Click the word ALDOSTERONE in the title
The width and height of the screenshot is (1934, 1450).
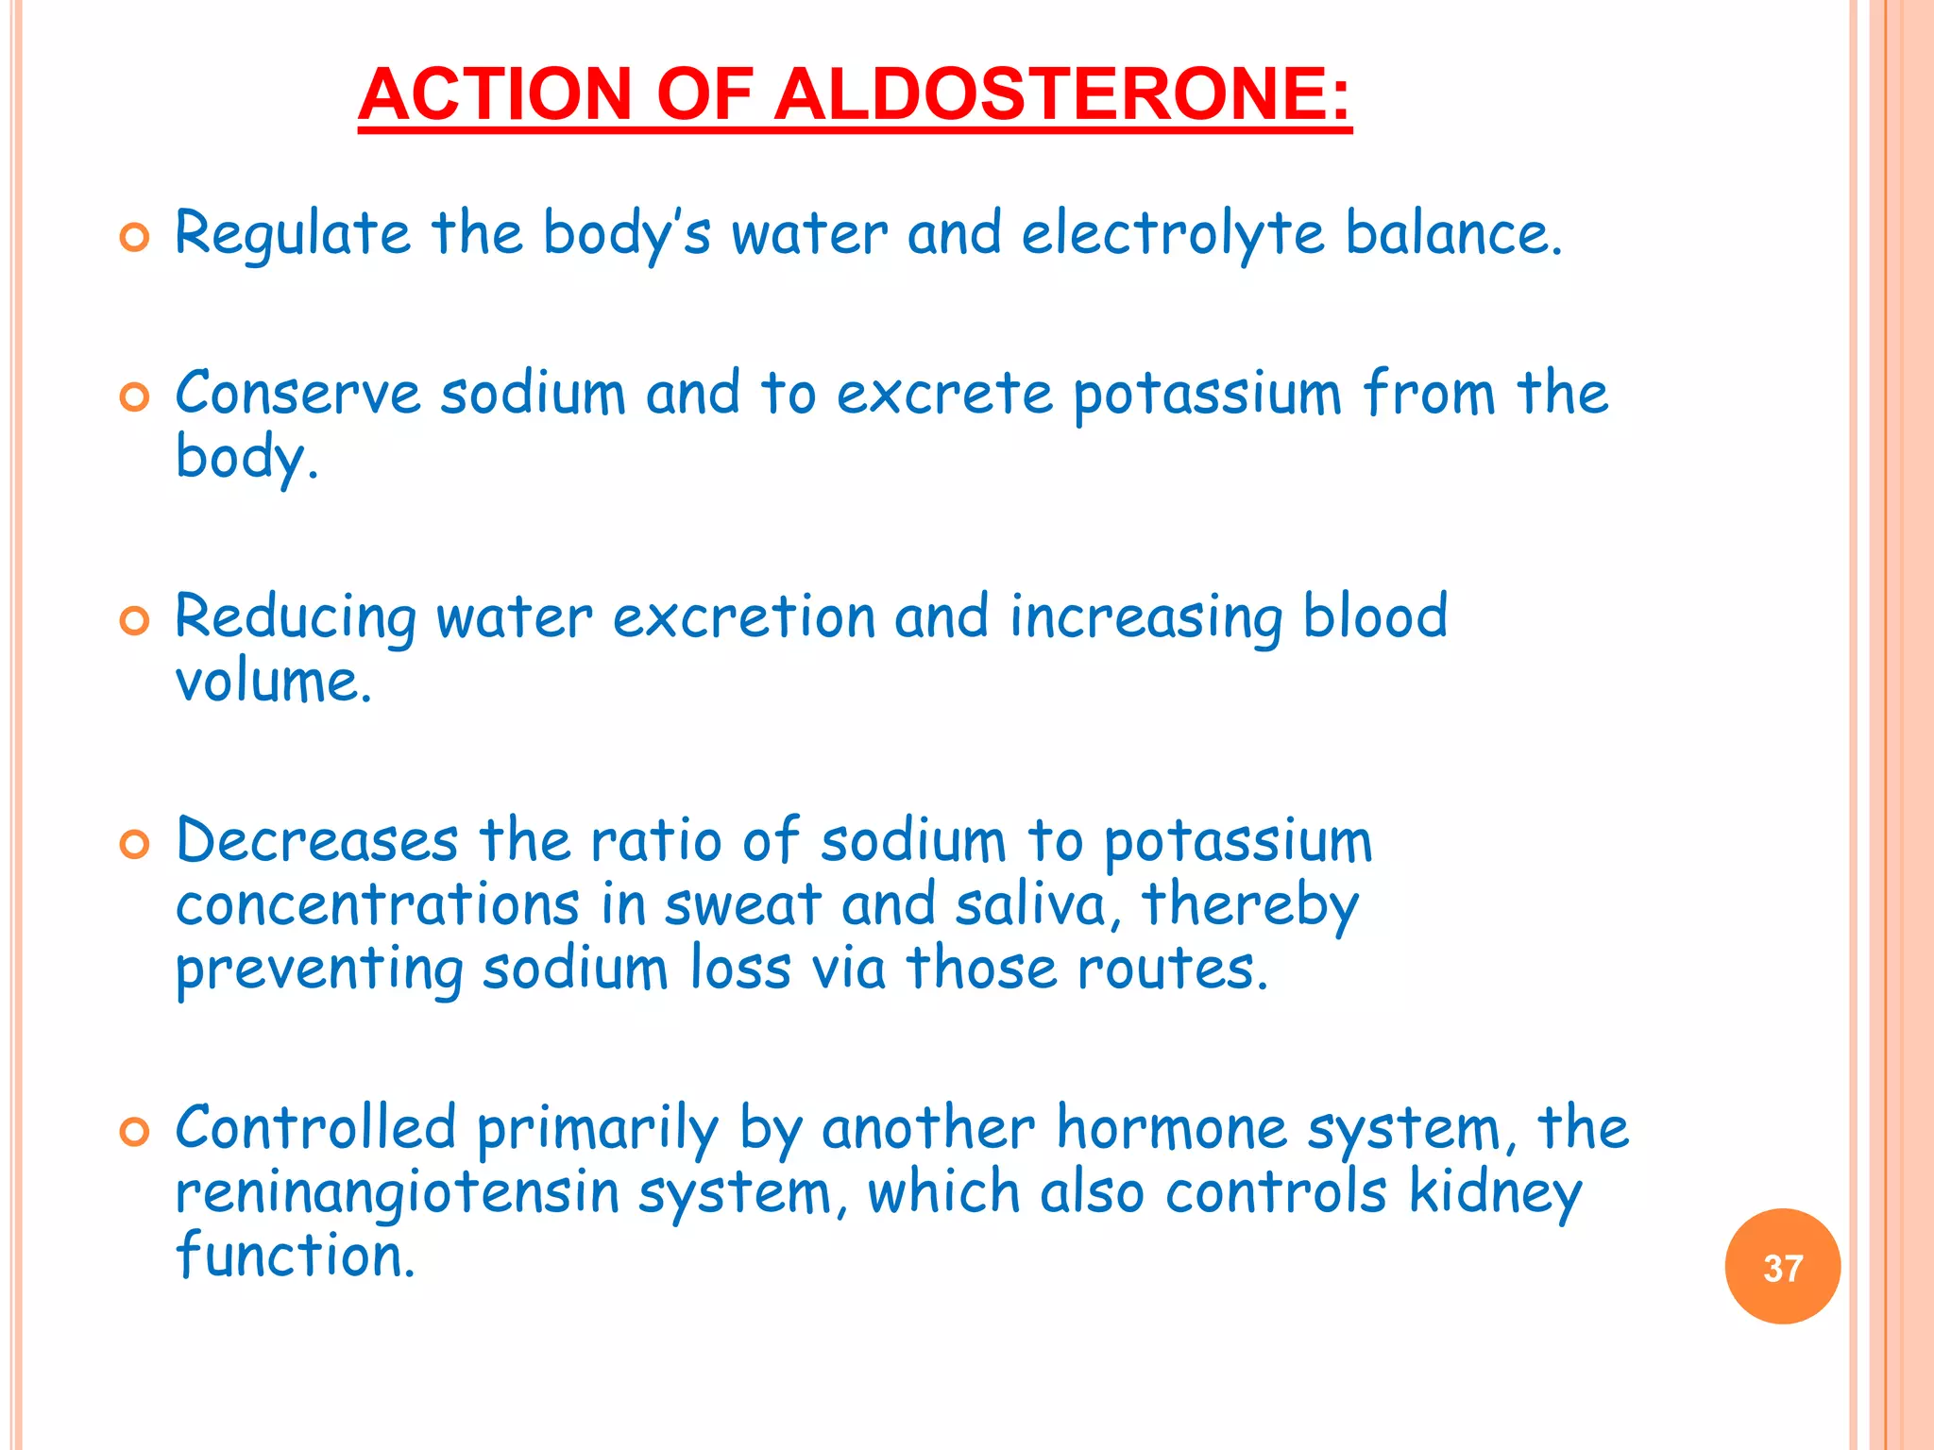coord(1062,94)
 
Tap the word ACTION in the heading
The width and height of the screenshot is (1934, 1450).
coord(495,94)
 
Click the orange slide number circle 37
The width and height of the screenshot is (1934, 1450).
coord(1782,1267)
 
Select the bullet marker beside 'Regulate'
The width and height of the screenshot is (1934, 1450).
coord(135,238)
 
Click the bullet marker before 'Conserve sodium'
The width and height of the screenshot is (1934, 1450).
coord(135,397)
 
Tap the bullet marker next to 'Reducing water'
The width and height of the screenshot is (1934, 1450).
coord(135,621)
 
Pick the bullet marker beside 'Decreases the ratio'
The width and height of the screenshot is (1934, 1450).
coord(135,844)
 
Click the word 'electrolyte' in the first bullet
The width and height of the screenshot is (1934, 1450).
coord(1173,234)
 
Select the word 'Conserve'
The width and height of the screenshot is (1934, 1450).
coord(297,394)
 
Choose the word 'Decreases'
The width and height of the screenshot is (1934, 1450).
coord(317,840)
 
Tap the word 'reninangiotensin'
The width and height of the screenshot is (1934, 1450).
coord(397,1193)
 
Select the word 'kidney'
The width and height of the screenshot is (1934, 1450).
coord(1495,1193)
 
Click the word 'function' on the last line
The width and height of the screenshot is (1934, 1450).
coord(294,1256)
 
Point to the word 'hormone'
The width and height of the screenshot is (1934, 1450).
coord(1171,1129)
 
